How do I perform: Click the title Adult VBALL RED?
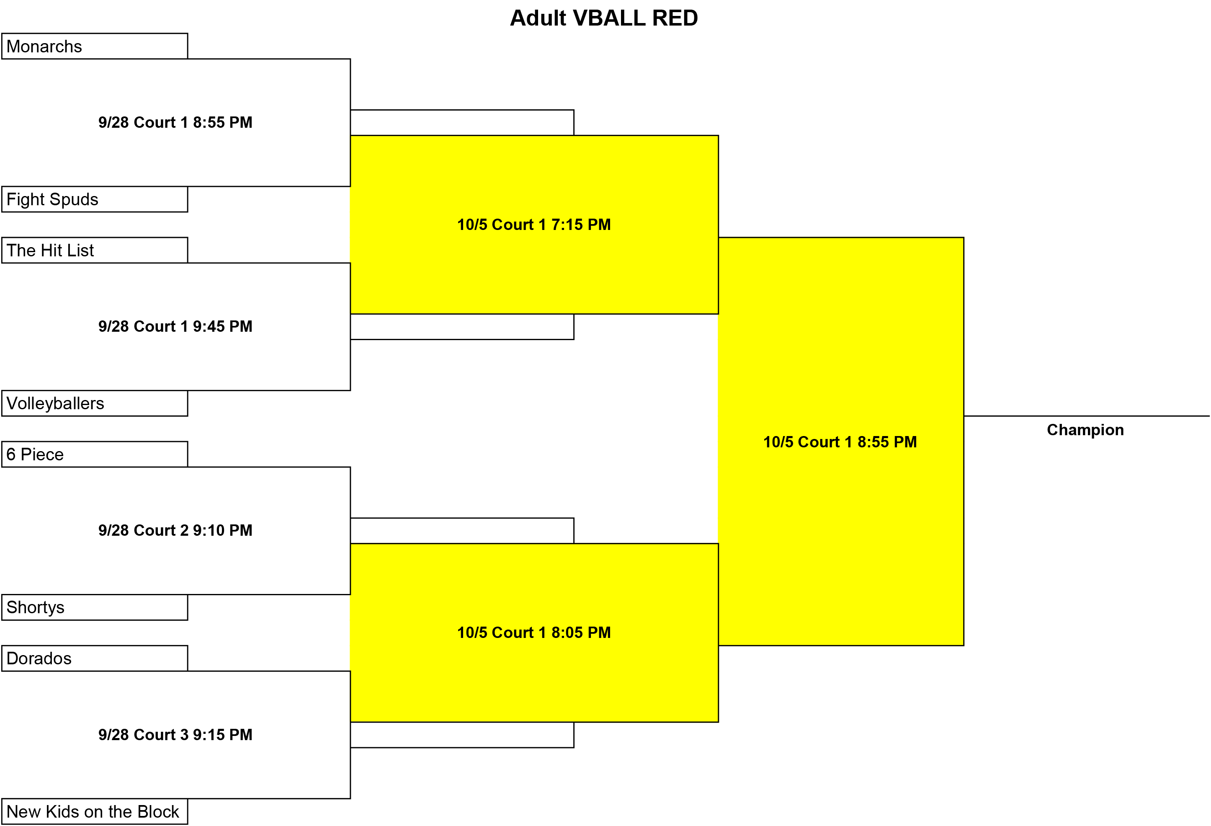pos(603,18)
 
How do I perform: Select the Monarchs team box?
pos(94,46)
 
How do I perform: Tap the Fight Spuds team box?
pos(94,199)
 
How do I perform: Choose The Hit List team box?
pos(94,250)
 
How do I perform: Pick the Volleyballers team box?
pos(94,403)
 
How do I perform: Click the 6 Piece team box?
pos(94,454)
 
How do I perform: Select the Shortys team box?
pos(94,607)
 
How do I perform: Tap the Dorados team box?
pos(94,658)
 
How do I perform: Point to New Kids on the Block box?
pos(94,811)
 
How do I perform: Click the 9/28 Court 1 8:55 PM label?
pos(175,122)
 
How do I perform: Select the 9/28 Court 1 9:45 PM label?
pos(175,326)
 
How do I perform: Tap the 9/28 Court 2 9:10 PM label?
pos(175,531)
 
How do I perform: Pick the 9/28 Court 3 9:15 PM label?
pos(175,735)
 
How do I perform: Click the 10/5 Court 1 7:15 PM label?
pos(534,225)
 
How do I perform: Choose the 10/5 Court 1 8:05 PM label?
pos(534,632)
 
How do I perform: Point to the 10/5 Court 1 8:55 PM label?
pos(840,442)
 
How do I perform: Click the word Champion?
pos(1085,430)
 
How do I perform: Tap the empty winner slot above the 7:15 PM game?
pos(462,122)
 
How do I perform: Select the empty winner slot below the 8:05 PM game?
pos(462,735)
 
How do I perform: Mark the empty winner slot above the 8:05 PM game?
pos(462,531)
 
